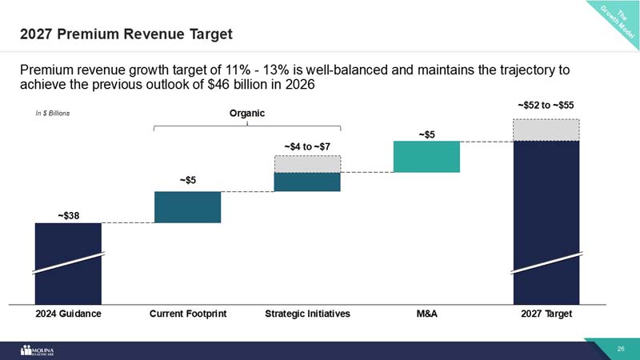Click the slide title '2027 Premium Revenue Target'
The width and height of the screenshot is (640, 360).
126,34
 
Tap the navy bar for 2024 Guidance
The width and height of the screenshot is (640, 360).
68,264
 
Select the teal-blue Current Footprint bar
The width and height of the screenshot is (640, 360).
187,207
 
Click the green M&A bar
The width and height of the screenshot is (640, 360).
426,157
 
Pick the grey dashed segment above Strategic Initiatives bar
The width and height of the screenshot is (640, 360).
307,163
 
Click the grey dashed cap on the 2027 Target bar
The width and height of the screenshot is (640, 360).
546,129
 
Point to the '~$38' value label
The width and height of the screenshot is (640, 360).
68,215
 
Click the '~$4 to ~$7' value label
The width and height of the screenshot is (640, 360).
307,147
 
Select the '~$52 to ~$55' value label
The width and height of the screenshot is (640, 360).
546,105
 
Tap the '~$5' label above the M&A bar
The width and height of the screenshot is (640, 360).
426,134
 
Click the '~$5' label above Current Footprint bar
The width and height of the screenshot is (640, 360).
188,181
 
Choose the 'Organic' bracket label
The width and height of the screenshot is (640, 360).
246,114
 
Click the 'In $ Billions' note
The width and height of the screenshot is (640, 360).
50,114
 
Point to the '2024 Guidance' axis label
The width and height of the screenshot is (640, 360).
68,314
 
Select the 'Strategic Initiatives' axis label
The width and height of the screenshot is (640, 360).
307,314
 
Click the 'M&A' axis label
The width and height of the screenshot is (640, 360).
426,314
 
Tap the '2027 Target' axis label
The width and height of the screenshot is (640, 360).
546,314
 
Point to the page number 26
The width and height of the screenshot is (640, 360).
620,350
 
